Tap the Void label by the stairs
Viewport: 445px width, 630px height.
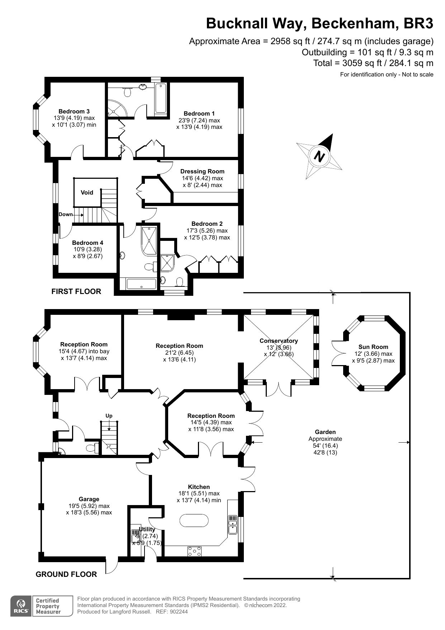click(x=87, y=192)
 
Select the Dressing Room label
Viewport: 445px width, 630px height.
click(x=202, y=172)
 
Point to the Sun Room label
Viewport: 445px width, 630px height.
click(x=373, y=347)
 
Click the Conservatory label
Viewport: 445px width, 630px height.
click(x=279, y=341)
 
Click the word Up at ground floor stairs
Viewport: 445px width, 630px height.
click(x=109, y=416)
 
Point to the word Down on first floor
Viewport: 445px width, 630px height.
click(x=66, y=214)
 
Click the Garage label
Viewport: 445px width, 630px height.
click(x=89, y=499)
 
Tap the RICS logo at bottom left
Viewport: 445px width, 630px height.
click(x=20, y=606)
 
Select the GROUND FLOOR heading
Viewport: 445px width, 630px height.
click(x=66, y=574)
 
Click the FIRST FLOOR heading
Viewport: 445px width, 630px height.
click(x=76, y=291)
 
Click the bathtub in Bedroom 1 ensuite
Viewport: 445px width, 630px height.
click(x=160, y=98)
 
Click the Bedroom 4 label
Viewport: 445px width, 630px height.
click(x=87, y=243)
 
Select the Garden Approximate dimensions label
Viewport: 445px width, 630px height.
click(x=325, y=442)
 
